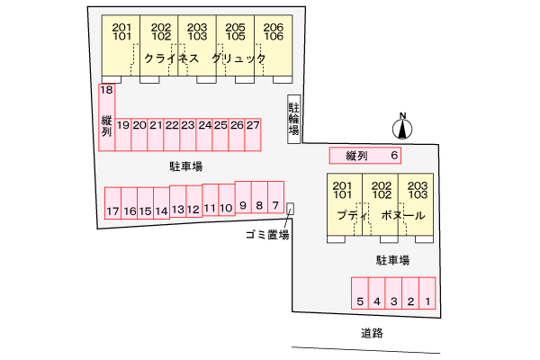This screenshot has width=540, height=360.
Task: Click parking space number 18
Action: [x=106, y=90]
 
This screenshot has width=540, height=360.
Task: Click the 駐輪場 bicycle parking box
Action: [x=293, y=117]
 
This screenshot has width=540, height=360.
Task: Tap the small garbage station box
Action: [x=289, y=210]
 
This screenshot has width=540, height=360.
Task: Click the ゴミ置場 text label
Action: [x=267, y=235]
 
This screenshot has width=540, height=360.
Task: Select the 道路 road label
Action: [x=373, y=332]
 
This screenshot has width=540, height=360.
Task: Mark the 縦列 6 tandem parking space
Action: [x=365, y=156]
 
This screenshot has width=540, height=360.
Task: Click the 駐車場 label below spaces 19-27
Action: [x=185, y=166]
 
